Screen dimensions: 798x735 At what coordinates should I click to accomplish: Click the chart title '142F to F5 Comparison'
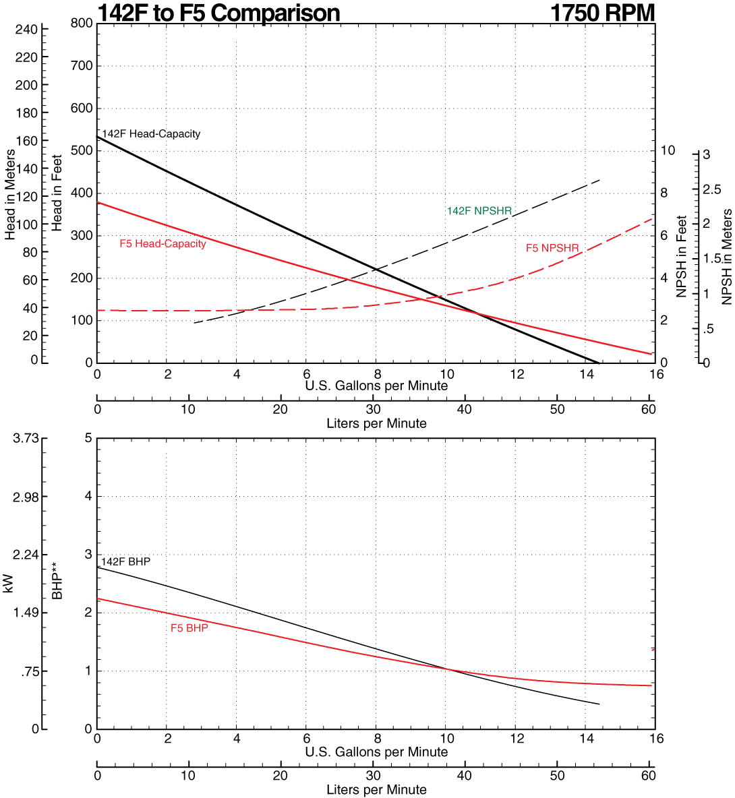tap(218, 13)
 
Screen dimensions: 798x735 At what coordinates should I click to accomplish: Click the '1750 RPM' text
tap(602, 13)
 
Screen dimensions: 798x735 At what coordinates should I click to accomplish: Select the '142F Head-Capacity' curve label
tap(151, 134)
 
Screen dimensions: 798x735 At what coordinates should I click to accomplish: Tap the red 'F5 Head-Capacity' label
tap(163, 244)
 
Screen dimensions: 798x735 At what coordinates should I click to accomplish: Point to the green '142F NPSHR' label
tap(479, 212)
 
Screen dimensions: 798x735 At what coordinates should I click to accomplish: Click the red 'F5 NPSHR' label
tap(552, 249)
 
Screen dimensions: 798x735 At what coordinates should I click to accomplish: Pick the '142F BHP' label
tap(125, 561)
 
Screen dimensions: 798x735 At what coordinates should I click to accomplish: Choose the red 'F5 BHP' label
tap(189, 628)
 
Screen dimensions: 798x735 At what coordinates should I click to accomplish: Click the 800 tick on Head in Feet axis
tap(81, 24)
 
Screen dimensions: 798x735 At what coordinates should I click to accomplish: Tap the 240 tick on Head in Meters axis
tap(26, 30)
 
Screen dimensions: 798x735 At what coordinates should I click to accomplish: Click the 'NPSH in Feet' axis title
tap(682, 256)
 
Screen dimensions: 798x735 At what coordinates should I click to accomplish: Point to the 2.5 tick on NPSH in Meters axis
tap(712, 190)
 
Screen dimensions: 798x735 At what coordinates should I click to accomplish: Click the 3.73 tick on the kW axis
tap(26, 438)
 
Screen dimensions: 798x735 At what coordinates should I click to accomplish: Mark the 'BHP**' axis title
tap(58, 584)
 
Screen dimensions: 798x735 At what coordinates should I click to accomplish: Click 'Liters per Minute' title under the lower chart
tap(376, 789)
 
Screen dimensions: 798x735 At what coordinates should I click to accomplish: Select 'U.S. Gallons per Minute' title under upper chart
tap(376, 386)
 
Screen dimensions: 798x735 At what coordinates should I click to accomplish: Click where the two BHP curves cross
tap(447, 669)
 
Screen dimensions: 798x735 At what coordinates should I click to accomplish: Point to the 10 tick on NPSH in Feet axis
tap(667, 150)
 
